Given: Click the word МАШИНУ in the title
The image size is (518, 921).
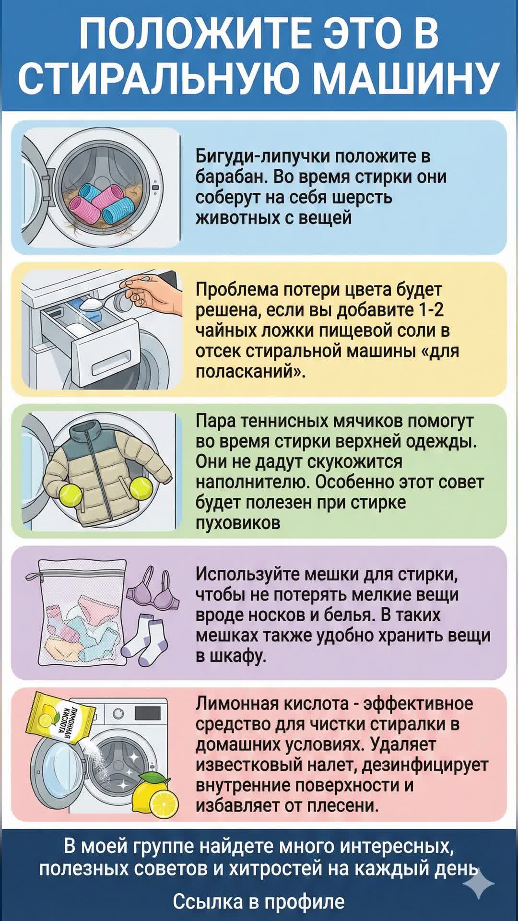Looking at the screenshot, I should point(408,78).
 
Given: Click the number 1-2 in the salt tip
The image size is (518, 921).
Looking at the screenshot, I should point(431,310).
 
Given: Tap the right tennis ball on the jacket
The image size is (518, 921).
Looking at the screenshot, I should point(141,489).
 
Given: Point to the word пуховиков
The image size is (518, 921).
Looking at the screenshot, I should point(237,522).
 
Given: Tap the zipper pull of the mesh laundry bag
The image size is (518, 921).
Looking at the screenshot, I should point(33,576).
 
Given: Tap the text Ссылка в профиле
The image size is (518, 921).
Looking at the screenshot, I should point(259,901).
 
